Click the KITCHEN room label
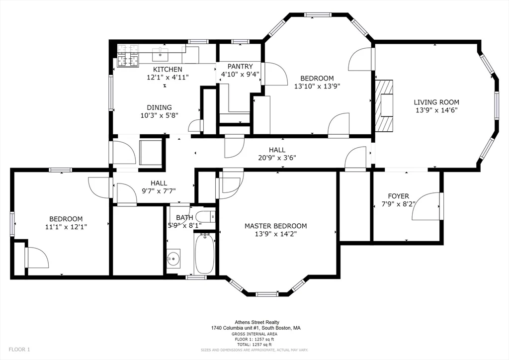168,69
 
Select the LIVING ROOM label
436,102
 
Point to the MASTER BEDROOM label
275,226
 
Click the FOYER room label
398,196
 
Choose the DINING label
159,107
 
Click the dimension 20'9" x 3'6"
277,158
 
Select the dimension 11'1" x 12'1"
66,227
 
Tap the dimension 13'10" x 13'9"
317,87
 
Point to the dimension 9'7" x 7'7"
159,191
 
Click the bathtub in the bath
204,253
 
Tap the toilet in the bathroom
206,216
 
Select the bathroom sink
173,259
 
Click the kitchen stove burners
128,56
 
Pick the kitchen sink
161,54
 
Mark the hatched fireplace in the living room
384,105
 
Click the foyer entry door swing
426,206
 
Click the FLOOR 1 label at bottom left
19,350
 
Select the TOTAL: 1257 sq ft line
254,345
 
